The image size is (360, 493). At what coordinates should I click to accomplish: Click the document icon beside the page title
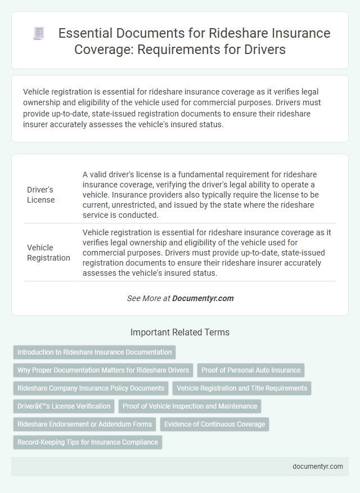coord(39,34)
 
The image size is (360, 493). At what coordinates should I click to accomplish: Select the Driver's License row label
coord(40,194)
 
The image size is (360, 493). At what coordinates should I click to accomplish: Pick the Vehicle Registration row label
coord(48,252)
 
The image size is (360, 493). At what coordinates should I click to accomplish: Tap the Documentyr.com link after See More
coord(203,298)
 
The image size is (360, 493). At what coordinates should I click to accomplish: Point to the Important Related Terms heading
coord(179,333)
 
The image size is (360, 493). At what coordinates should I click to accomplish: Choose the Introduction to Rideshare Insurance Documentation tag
coord(94,352)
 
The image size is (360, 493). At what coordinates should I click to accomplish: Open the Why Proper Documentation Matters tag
coord(103,370)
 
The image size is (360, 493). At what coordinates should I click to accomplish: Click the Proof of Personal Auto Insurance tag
coord(251,370)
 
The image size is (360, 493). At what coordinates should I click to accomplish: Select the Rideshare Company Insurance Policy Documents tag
coord(91,388)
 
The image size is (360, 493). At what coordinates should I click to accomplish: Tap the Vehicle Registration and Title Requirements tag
coord(241,388)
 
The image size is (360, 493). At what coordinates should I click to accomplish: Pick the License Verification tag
coord(64,406)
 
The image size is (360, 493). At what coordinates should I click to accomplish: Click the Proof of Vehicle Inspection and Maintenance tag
coord(190,406)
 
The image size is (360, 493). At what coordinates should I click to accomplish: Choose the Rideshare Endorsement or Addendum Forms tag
coord(84,424)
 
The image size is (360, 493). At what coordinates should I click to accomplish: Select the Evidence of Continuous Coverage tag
coord(214,424)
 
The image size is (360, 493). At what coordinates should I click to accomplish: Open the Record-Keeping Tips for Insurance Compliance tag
coord(87,442)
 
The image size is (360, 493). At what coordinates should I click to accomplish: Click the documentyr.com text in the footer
coord(318,467)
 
